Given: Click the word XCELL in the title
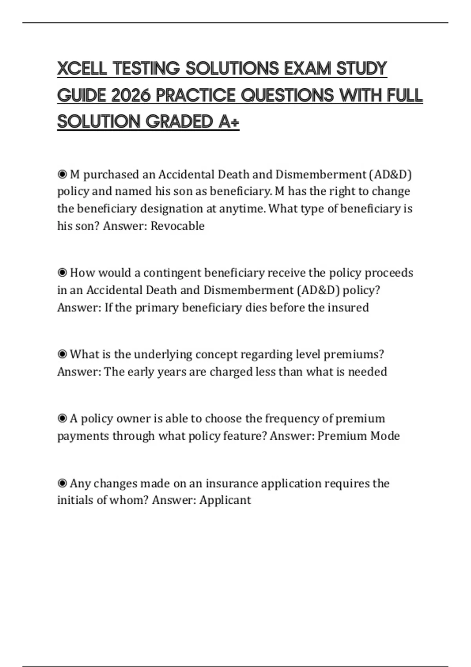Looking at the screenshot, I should (x=82, y=69).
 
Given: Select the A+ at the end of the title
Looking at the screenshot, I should (x=228, y=122).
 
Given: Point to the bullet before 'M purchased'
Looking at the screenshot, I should (x=62, y=174).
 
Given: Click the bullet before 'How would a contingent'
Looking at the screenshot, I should (x=62, y=273).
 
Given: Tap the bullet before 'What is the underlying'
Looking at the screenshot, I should (x=62, y=354).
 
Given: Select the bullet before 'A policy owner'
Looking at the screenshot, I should (x=62, y=419).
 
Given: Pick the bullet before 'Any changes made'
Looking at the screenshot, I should (x=62, y=483).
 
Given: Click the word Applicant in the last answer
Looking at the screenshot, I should (x=225, y=500).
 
